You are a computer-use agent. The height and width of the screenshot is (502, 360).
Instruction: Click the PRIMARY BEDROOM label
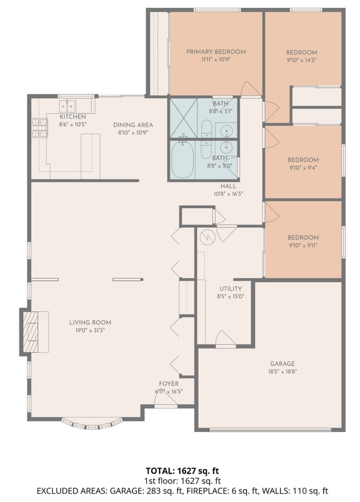point(215,52)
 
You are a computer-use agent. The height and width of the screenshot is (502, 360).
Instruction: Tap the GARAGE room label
point(282,364)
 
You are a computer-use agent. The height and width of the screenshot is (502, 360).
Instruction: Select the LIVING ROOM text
point(90,322)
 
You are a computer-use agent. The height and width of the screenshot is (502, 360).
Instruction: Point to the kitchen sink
point(68,105)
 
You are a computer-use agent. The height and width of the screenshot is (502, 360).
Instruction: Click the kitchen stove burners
point(39,127)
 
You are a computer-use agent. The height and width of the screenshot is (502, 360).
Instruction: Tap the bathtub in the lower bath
point(182,160)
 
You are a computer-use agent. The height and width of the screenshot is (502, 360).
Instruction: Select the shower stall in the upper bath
point(183,117)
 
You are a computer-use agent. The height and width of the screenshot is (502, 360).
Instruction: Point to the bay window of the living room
point(90,424)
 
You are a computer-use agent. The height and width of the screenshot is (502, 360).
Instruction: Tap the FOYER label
point(168,383)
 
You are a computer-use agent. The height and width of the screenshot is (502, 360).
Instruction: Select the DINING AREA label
point(133,125)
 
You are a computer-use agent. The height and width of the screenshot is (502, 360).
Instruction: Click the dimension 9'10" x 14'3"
point(302,59)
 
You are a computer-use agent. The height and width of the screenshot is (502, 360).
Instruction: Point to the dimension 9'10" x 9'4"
point(303,167)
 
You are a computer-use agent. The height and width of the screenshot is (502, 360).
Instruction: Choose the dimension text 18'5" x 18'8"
point(282,372)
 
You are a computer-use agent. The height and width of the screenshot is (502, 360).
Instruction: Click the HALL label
point(229,186)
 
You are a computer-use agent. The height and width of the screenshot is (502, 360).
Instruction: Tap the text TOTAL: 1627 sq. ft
point(180,471)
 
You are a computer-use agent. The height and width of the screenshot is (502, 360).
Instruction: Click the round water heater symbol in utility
point(207,237)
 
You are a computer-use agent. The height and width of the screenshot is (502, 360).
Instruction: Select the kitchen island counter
point(90,156)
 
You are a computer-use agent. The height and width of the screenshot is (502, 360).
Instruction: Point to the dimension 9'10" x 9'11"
point(303,245)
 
